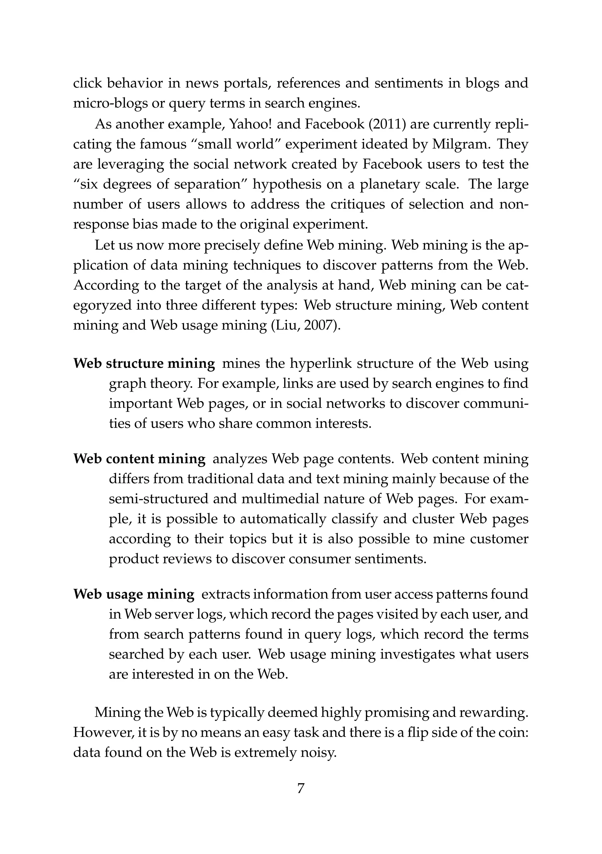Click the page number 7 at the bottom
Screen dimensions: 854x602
tap(301, 788)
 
